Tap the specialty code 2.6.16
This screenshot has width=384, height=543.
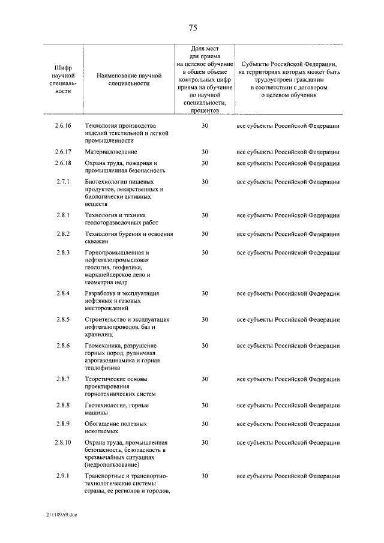coord(63,125)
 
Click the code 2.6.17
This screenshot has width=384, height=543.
coord(63,152)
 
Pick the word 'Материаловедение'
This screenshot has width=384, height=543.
coord(111,152)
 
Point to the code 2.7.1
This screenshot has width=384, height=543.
coord(63,181)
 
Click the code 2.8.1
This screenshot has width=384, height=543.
coord(63,215)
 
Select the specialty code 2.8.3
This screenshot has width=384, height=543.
coord(63,253)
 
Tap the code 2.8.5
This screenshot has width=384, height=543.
coord(63,319)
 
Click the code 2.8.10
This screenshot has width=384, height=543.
coord(63,442)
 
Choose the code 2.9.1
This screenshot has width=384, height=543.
coord(63,476)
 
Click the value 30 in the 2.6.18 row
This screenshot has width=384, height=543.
coord(205,163)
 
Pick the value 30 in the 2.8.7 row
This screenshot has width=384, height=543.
coord(205,379)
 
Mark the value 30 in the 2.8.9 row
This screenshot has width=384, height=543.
coord(205,424)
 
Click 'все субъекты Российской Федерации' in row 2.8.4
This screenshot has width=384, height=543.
coord(288,293)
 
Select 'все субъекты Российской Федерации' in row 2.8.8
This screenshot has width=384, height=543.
coord(288,406)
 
